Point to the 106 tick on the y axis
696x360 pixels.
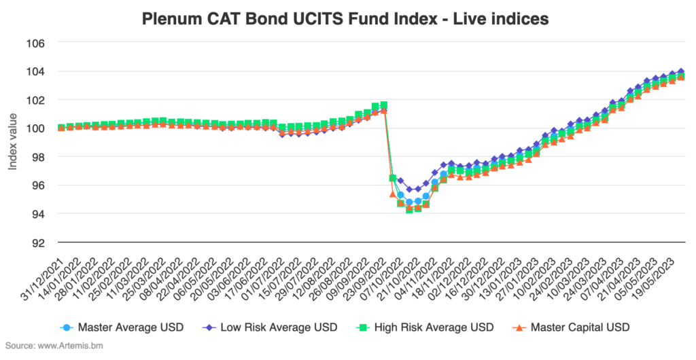[x=35, y=43]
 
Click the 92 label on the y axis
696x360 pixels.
[x=37, y=242]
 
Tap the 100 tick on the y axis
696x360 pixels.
[x=35, y=128]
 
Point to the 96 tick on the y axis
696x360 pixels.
[x=37, y=185]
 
